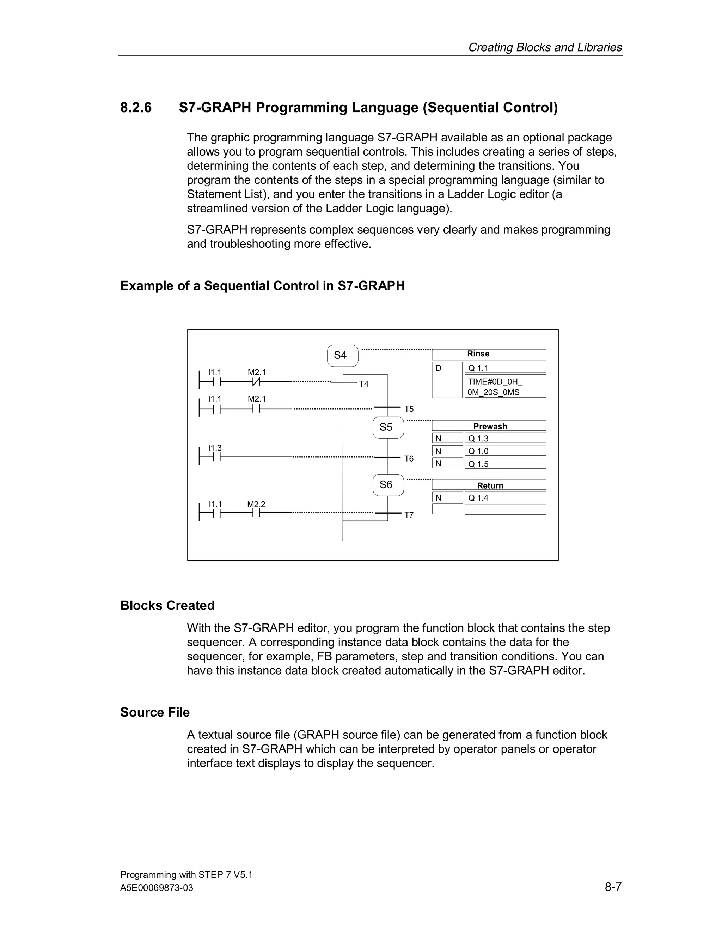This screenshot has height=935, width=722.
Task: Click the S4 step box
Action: pos(342,355)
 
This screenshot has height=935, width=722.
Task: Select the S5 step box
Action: pos(388,427)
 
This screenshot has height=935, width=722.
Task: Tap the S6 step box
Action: pos(388,485)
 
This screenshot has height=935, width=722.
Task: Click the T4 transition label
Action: pos(363,384)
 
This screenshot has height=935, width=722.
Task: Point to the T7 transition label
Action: pos(409,515)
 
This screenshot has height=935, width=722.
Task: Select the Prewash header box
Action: pos(489,426)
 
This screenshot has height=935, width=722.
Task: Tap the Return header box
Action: pos(489,485)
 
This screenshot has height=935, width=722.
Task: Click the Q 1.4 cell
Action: pos(505,497)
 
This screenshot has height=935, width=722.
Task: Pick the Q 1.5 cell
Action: pos(505,464)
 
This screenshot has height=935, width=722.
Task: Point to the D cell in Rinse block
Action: pos(447,380)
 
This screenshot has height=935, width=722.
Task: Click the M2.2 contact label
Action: pos(256,504)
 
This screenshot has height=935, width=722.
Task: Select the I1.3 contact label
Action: pos(215,448)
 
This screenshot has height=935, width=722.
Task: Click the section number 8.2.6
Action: pos(136,108)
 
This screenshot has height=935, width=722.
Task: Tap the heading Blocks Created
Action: pos(167,605)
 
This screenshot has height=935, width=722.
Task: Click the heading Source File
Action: pos(155,712)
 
